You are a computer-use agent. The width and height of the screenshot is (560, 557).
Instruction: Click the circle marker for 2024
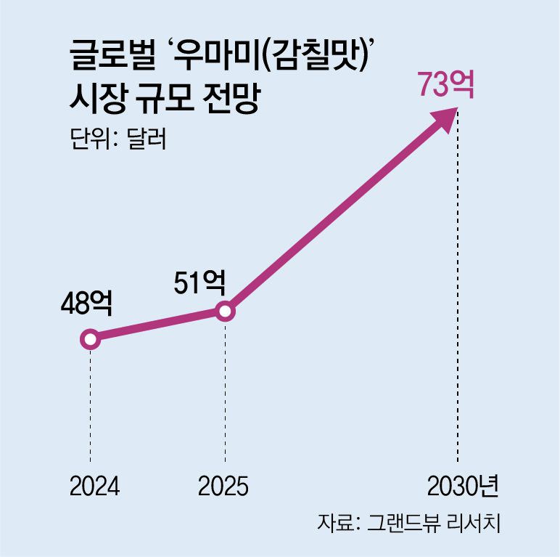tap(90, 339)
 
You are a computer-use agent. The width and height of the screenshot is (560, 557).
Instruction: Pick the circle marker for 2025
tap(225, 312)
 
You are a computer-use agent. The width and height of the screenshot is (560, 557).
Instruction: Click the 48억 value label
tap(86, 304)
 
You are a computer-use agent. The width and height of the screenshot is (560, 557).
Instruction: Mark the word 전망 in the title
tap(236, 99)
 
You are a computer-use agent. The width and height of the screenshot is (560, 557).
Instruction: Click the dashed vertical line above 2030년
tap(458, 290)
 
